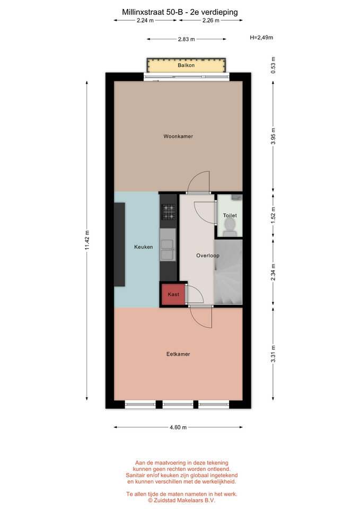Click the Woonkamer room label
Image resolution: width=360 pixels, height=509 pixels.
pos(178,136)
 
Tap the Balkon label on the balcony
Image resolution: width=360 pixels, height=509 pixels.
pos(186,65)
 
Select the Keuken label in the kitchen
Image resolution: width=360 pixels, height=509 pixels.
pos(144,247)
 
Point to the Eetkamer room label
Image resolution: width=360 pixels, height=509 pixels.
pos(178,354)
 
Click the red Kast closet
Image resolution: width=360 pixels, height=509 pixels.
pos(173,294)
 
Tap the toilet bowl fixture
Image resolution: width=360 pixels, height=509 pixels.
pos(230,226)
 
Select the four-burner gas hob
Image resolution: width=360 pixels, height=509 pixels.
pos(169,212)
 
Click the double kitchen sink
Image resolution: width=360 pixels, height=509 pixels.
pos(168,250)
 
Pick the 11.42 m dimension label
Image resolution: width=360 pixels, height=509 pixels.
pos(87,240)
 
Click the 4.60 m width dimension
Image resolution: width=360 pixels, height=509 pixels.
pos(178,427)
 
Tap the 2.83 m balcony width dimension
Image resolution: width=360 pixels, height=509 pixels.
pos(186,39)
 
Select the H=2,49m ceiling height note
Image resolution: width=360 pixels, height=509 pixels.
pos(261,37)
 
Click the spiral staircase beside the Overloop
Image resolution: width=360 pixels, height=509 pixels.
pos(228,272)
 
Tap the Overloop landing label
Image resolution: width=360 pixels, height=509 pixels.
pos(208,256)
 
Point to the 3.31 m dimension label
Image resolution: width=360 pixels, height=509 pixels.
pos(273,354)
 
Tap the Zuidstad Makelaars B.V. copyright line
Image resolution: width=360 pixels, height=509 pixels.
pos(181,500)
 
